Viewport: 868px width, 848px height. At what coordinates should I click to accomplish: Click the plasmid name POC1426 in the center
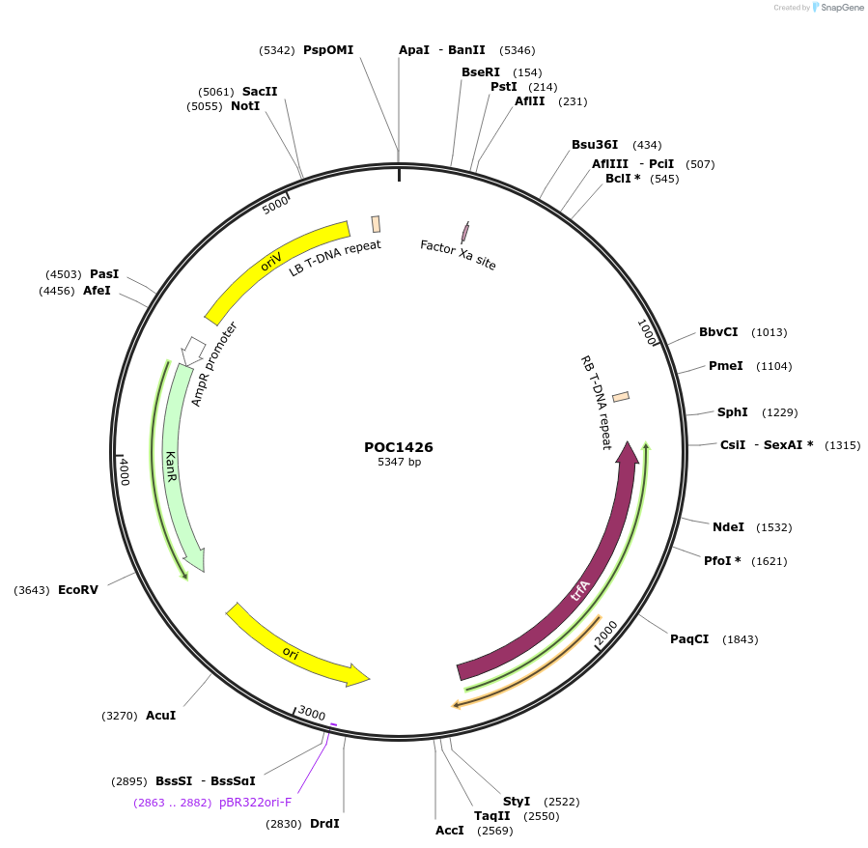[398, 447]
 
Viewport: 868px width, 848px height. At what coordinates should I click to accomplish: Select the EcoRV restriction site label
[78, 589]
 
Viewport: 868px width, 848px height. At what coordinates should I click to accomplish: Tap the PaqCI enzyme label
[689, 639]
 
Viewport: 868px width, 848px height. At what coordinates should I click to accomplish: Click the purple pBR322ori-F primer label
[255, 802]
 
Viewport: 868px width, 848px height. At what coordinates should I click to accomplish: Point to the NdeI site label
[728, 527]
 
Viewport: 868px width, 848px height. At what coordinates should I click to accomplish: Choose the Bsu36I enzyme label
[595, 145]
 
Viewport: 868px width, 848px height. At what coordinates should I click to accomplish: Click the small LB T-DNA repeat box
[376, 224]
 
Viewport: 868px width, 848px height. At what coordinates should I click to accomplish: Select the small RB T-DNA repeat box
[621, 396]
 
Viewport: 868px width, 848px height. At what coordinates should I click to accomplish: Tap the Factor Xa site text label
[458, 255]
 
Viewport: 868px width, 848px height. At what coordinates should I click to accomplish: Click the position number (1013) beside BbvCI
[770, 332]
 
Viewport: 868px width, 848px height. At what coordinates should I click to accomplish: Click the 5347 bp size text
[399, 463]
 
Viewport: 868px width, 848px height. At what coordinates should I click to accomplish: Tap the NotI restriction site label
[245, 106]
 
